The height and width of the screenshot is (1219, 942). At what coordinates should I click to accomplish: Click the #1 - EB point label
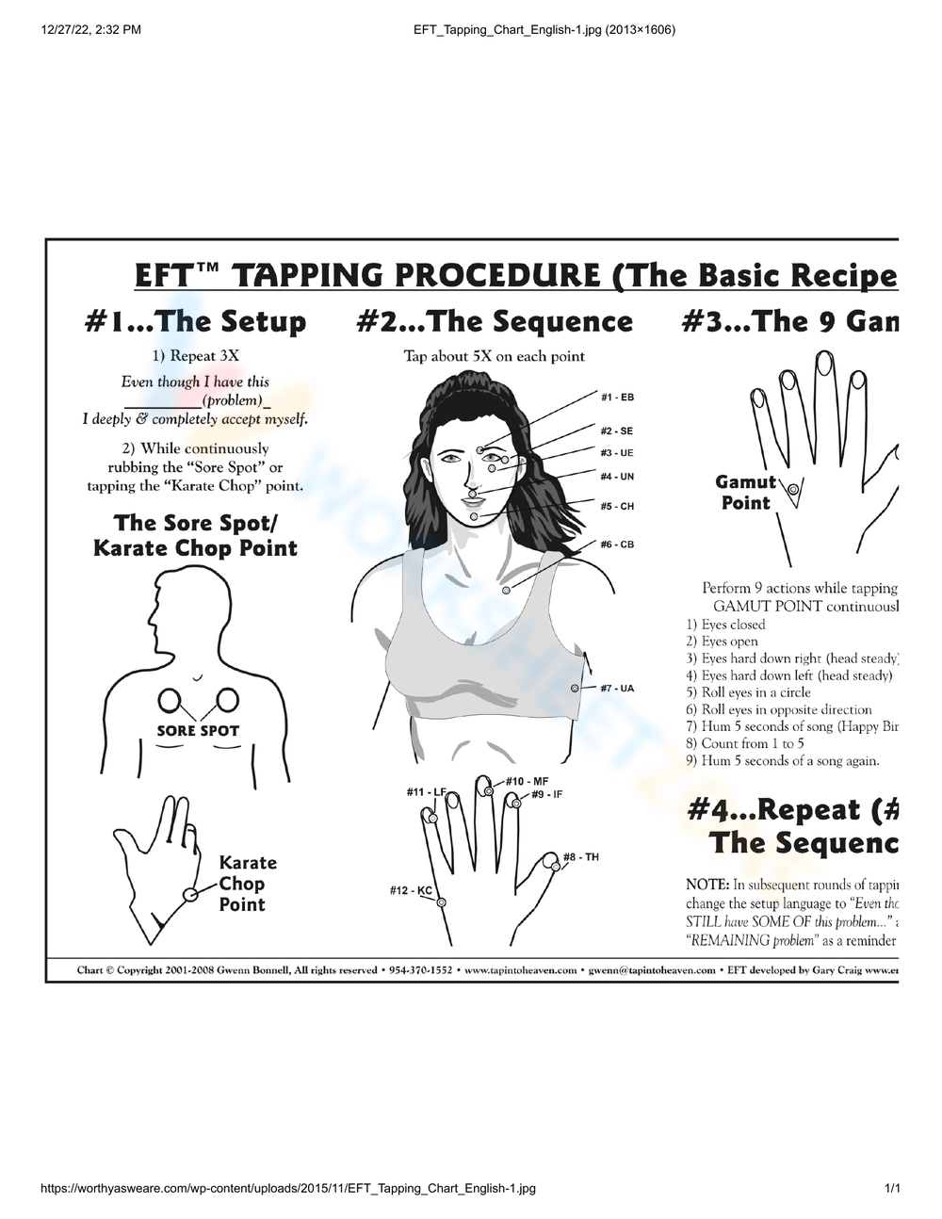click(x=617, y=397)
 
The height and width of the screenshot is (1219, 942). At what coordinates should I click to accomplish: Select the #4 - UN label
click(x=617, y=477)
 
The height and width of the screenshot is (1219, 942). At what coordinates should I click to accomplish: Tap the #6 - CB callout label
click(x=617, y=544)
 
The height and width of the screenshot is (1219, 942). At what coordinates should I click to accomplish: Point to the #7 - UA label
click(x=617, y=689)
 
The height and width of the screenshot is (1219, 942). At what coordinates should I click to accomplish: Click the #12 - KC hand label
click(x=411, y=890)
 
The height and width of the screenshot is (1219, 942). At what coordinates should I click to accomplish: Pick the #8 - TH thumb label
click(x=580, y=857)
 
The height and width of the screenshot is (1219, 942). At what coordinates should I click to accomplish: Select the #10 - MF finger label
click(x=527, y=781)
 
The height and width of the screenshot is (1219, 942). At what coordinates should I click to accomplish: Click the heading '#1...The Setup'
click(x=195, y=322)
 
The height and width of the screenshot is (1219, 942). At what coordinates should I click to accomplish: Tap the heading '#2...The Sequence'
click(x=495, y=322)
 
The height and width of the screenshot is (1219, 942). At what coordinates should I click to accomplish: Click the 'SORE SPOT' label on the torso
click(x=198, y=731)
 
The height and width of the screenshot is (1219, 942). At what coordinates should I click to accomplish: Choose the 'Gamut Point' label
click(x=746, y=493)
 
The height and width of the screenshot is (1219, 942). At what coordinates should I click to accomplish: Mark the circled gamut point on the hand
click(x=794, y=490)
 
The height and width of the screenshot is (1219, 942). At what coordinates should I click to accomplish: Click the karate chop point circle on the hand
click(x=190, y=894)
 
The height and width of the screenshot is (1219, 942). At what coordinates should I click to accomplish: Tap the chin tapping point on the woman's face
click(x=474, y=516)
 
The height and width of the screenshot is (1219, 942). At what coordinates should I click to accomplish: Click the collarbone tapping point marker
click(x=506, y=590)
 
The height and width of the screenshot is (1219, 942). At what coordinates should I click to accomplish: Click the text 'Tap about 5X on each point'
click(x=495, y=356)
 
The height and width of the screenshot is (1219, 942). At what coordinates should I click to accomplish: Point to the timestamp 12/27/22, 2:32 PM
click(x=91, y=29)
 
